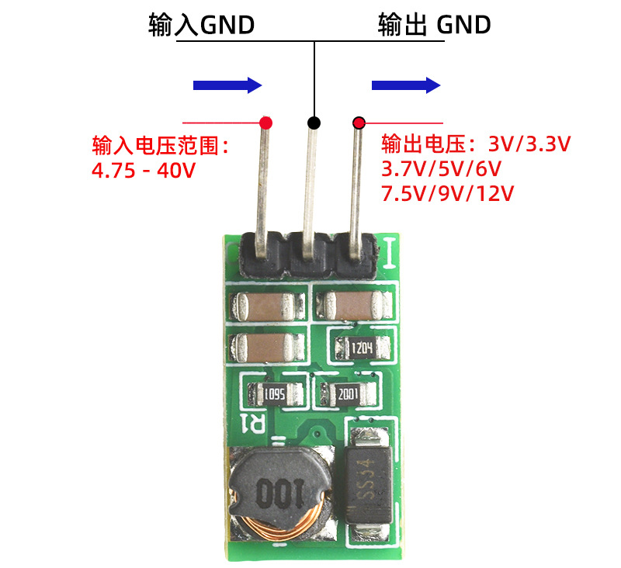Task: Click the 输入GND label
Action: (x=201, y=25)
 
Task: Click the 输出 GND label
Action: (x=434, y=25)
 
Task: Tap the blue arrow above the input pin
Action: (x=227, y=85)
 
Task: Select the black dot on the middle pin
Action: (x=314, y=123)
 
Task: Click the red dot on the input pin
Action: (x=266, y=123)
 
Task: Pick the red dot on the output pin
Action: (x=359, y=123)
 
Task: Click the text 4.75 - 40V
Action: (x=143, y=170)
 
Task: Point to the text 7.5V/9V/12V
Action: (x=448, y=193)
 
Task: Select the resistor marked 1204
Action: (x=363, y=348)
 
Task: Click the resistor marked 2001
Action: (x=346, y=395)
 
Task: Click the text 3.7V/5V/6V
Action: (x=441, y=168)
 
